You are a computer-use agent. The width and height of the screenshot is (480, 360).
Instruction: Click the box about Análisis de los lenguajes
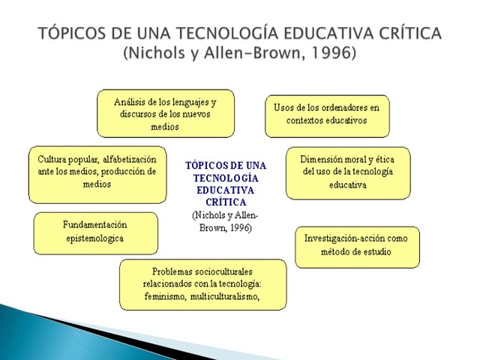point(166,113)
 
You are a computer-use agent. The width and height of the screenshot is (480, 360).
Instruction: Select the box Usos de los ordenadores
point(327,115)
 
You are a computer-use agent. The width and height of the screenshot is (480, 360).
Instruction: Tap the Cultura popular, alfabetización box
point(97,174)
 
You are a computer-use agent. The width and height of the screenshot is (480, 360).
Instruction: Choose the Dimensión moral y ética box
point(348,172)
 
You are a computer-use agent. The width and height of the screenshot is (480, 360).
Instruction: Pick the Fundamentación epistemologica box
point(95,232)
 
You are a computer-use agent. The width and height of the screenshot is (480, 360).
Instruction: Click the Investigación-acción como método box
point(357,246)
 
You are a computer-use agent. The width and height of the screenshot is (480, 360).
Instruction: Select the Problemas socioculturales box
point(202,284)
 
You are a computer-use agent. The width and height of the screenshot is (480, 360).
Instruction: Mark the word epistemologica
point(94,239)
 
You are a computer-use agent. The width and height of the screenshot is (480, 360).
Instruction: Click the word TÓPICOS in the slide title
point(72,34)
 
